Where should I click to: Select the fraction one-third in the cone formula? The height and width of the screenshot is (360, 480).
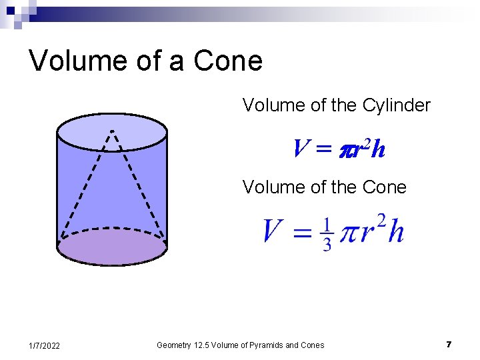327,234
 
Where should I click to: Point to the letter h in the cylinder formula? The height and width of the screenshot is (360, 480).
378,149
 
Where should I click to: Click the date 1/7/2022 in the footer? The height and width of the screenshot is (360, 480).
45,345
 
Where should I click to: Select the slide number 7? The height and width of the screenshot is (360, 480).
449,345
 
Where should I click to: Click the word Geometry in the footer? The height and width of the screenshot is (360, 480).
173,345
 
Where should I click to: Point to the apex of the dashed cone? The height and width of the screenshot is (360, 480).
112,130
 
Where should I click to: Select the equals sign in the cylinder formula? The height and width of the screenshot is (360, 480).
323,150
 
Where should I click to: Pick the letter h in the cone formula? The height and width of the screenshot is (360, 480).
395,233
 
